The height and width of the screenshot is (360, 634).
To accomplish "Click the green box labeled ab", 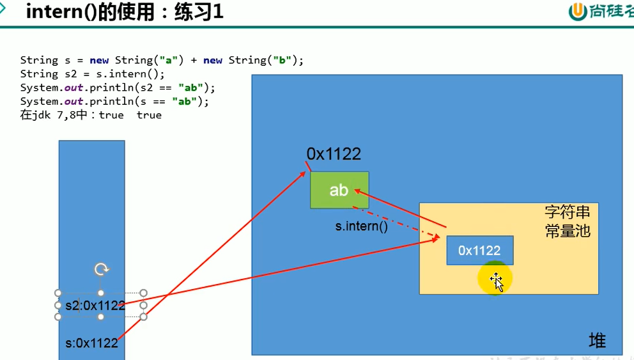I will (x=339, y=190).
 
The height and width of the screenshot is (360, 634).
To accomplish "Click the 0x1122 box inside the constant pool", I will (x=479, y=251).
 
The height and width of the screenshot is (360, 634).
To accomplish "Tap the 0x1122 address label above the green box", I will (x=334, y=153).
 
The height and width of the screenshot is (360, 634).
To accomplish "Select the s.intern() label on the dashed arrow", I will (x=362, y=226).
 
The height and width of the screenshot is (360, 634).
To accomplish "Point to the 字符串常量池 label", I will (x=568, y=221).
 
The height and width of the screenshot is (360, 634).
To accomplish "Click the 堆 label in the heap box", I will (x=597, y=341).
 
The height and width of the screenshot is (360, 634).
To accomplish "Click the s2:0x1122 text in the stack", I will (x=95, y=306).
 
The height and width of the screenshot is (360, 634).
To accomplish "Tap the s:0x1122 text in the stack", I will (x=92, y=343).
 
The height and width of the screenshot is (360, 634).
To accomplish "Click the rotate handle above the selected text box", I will (x=101, y=269).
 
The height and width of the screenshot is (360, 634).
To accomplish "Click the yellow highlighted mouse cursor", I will (x=496, y=279).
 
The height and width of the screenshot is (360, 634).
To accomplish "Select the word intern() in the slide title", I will (x=61, y=12).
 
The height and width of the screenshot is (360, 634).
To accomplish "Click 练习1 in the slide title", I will (x=199, y=12).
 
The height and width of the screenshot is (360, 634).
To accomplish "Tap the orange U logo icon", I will (x=578, y=12).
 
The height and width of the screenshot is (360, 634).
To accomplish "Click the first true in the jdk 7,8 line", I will (x=111, y=116).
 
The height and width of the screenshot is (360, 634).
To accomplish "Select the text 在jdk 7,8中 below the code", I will (x=56, y=116).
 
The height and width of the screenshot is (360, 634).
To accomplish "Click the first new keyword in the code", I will (x=99, y=60).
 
